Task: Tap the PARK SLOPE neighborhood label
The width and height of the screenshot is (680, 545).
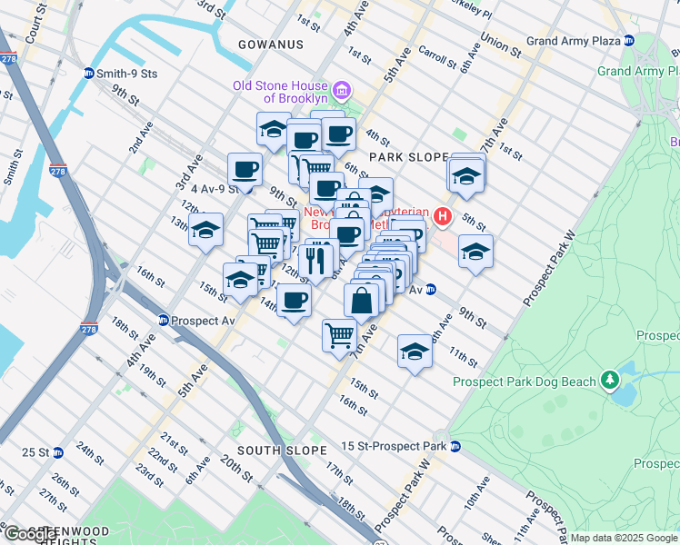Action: [x=408, y=157]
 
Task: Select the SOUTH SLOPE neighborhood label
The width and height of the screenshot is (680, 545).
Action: [x=282, y=451]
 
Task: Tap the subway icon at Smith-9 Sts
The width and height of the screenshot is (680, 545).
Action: [x=88, y=72]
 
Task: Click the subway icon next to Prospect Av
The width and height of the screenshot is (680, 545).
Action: [x=163, y=321]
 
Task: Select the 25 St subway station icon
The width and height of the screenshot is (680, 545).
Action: [x=57, y=451]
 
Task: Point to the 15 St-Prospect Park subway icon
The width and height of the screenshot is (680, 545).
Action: [x=455, y=446]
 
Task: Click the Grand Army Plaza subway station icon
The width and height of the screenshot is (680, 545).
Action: [x=628, y=42]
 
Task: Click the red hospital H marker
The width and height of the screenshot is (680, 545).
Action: [x=443, y=216]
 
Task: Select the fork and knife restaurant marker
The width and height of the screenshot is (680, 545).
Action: [x=315, y=259]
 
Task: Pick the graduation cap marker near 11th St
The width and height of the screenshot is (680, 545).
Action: [x=414, y=352]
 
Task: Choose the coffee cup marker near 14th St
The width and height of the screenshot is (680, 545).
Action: [x=293, y=301]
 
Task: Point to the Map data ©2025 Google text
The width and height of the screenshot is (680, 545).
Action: [x=624, y=538]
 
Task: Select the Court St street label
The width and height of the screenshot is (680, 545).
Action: [x=35, y=25]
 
